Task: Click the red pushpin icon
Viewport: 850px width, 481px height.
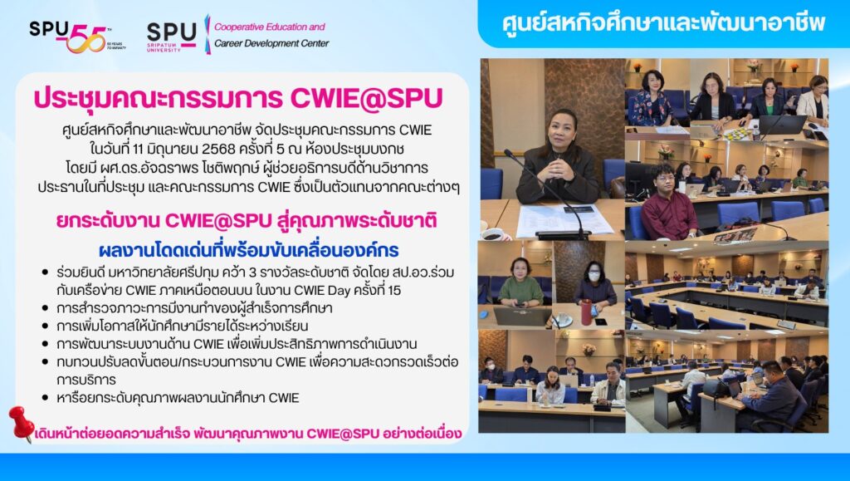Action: point(21,424)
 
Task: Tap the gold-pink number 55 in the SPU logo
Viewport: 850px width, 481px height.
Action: point(86,38)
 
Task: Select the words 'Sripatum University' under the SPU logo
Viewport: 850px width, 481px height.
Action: point(164,47)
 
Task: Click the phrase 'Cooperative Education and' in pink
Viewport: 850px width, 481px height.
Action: point(270,27)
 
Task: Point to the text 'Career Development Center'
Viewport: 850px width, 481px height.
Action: point(271,43)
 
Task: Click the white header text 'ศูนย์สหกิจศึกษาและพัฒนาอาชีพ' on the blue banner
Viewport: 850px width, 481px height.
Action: point(663,22)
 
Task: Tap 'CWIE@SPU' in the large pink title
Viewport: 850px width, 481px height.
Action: point(366,97)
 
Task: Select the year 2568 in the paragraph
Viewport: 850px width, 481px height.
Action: point(218,148)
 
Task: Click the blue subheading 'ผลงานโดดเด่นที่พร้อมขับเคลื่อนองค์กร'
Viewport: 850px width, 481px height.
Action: point(249,250)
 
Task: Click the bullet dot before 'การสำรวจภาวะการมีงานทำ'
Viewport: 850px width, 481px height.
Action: point(46,308)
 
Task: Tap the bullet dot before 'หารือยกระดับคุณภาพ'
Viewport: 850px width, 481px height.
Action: point(46,397)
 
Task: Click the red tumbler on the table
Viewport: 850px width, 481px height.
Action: point(586,312)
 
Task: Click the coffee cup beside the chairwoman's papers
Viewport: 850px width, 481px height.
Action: point(494,234)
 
